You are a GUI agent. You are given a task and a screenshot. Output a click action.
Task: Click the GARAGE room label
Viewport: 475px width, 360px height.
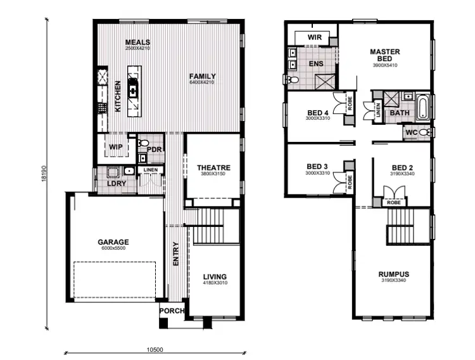(x=113, y=242)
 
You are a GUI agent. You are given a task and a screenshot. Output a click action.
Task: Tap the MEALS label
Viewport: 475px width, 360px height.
(x=137, y=42)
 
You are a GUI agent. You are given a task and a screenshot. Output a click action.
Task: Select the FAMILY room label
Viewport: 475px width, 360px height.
(x=203, y=76)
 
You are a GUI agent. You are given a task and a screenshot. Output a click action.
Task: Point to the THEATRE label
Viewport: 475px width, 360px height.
(x=213, y=168)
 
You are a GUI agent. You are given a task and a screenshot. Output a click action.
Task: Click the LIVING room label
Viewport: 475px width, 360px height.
(x=215, y=277)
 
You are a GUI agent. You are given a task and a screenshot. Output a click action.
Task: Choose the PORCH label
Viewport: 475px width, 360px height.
(x=171, y=311)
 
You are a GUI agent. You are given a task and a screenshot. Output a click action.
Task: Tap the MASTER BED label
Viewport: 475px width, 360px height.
(x=384, y=55)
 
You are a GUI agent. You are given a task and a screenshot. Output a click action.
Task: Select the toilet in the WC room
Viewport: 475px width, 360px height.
(x=426, y=132)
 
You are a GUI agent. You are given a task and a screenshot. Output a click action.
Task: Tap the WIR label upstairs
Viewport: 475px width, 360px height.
(x=315, y=37)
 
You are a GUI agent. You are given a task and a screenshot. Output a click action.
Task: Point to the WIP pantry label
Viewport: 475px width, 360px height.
(x=115, y=147)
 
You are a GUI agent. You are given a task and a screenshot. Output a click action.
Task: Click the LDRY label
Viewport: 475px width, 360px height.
(x=117, y=184)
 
